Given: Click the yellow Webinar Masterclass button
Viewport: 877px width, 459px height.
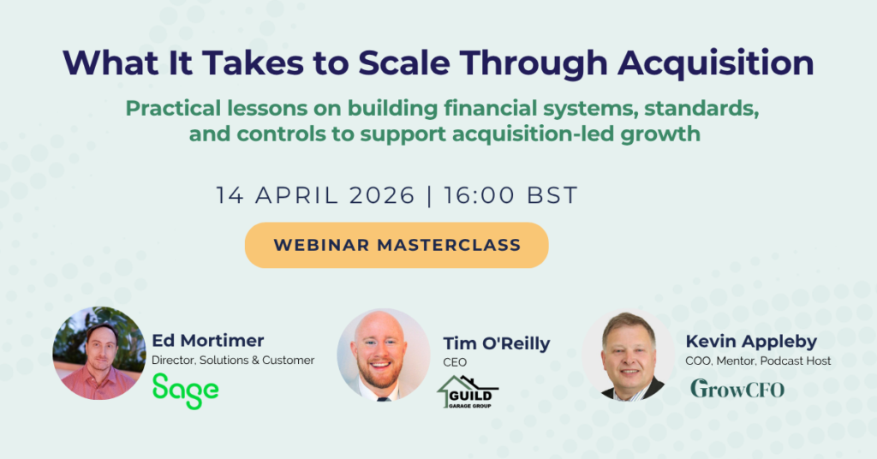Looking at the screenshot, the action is pyautogui.click(x=397, y=245).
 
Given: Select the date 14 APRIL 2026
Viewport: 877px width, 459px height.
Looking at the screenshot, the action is pyautogui.click(x=315, y=195).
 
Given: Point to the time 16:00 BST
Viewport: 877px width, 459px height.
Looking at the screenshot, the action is pyautogui.click(x=510, y=195).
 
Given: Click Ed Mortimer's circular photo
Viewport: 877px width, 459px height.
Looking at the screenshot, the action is pyautogui.click(x=99, y=354).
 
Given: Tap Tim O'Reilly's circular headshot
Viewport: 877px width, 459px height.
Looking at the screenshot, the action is pyautogui.click(x=383, y=355).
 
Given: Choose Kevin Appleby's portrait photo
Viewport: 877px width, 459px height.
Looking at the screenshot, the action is pyautogui.click(x=628, y=355).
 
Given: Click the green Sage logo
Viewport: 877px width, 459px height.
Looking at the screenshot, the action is pyautogui.click(x=185, y=390).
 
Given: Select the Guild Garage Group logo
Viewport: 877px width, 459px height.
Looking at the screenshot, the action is pyautogui.click(x=468, y=392).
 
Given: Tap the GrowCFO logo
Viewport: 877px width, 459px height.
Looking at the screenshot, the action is pyautogui.click(x=737, y=389).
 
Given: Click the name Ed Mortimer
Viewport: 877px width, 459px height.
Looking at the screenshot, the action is pyautogui.click(x=207, y=341).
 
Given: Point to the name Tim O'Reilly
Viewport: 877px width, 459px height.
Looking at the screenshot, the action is pyautogui.click(x=497, y=343).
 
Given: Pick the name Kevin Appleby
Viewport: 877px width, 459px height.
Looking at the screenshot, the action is pyautogui.click(x=751, y=341).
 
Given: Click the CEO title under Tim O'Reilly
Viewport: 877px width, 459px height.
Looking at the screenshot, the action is pyautogui.click(x=455, y=362).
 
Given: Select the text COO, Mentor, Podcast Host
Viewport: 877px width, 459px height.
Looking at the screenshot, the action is pyautogui.click(x=758, y=361).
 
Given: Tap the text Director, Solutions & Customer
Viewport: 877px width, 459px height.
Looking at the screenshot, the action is pyautogui.click(x=233, y=360).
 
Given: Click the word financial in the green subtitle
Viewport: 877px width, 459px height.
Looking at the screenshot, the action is pyautogui.click(x=490, y=108).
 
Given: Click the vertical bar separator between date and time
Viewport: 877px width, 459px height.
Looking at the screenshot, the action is pyautogui.click(x=430, y=196).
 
